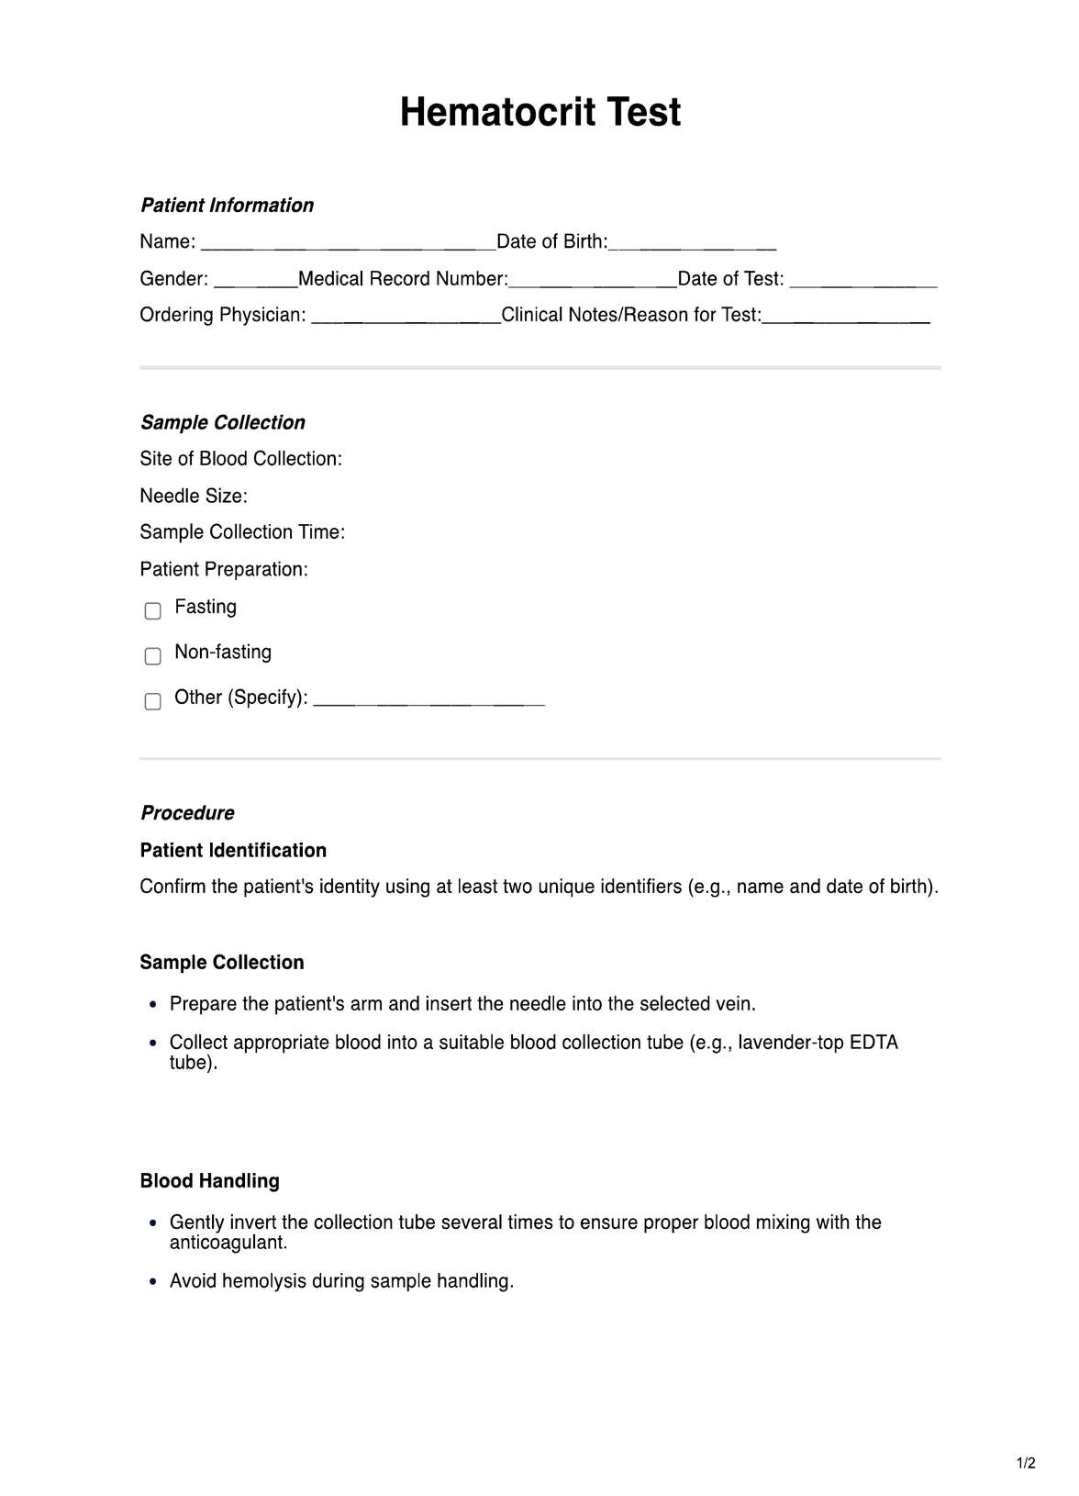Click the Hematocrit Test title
pyautogui.click(x=539, y=113)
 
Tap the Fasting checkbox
pyautogui.click(x=153, y=610)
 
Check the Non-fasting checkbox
pyautogui.click(x=153, y=655)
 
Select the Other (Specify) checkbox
pyautogui.click(x=153, y=701)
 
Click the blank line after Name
pyautogui.click(x=348, y=245)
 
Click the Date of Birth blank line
pyautogui.click(x=693, y=245)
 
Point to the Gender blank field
pyautogui.click(x=255, y=282)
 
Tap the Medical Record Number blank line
pyautogui.click(x=592, y=282)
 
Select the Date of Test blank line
pyautogui.click(x=862, y=282)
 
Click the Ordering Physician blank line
pyautogui.click(x=406, y=318)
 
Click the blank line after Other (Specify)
pyautogui.click(x=428, y=702)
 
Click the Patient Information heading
pyautogui.click(x=227, y=206)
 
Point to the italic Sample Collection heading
pyautogui.click(x=222, y=423)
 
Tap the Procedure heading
pyautogui.click(x=187, y=813)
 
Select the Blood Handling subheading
pyautogui.click(x=209, y=1181)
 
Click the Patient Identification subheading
pyautogui.click(x=233, y=851)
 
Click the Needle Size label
pyautogui.click(x=194, y=497)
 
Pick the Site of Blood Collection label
pyautogui.click(x=240, y=459)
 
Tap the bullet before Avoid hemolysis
pyautogui.click(x=153, y=1282)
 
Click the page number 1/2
pyautogui.click(x=1026, y=1463)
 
